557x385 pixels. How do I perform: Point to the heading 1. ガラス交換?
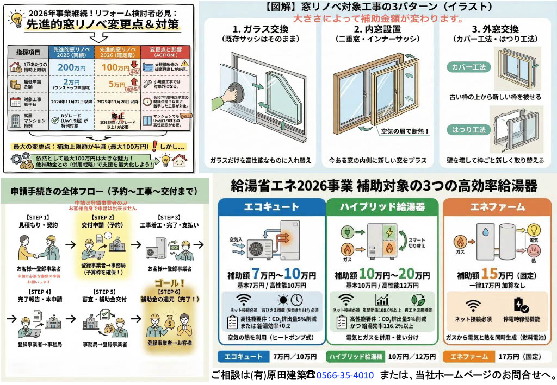pos(258,29)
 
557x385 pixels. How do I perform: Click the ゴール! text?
pos(169,283)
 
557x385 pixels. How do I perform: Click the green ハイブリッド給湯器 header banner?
pos(382,207)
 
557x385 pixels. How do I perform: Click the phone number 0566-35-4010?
pos(345,375)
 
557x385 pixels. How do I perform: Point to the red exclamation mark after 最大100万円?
pos(156,147)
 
